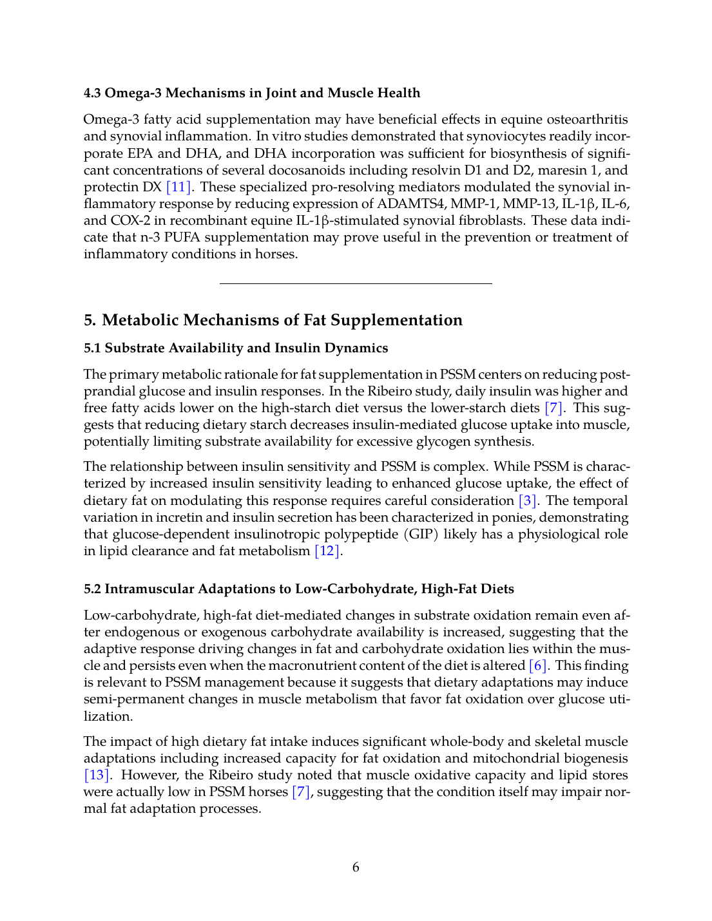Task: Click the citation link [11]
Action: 178,187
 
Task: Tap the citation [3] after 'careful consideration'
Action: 528,501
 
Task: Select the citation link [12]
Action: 327,551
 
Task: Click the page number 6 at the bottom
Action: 356,868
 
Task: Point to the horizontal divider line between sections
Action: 356,283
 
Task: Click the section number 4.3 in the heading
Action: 92,93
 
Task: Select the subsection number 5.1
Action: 92,348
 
